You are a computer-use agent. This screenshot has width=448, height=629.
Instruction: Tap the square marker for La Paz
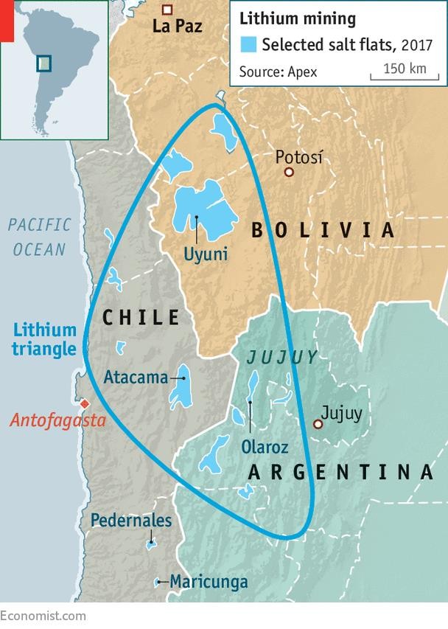point(168,10)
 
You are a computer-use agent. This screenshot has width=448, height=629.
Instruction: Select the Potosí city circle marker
point(290,172)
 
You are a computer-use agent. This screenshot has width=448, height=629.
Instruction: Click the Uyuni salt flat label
point(206,255)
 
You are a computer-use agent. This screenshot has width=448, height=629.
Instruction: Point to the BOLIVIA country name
point(323,231)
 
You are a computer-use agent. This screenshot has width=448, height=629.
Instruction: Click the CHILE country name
point(141,318)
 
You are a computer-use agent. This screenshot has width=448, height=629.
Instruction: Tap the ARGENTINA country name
point(340,473)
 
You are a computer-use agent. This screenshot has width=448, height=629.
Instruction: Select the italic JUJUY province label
point(282,358)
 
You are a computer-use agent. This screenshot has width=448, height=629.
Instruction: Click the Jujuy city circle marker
point(318,424)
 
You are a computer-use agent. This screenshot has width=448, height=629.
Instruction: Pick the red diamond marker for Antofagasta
point(85,403)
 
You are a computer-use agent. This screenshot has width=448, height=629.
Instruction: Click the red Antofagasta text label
point(57,421)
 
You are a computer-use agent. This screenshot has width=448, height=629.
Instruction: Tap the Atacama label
point(136,378)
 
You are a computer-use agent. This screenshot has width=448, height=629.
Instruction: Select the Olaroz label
point(265,447)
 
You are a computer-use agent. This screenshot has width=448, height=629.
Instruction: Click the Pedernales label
point(131,521)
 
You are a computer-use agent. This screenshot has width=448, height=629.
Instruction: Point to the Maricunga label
point(209,582)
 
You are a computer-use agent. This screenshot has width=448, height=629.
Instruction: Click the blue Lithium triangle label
point(44,339)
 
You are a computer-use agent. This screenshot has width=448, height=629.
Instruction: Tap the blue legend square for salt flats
point(249,44)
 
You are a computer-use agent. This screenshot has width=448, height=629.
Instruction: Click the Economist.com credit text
point(43,616)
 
